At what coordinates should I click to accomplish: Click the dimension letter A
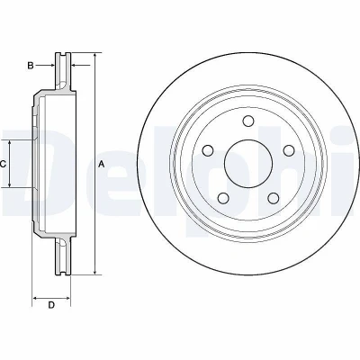click(102, 164)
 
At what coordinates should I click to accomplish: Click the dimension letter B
click(31, 66)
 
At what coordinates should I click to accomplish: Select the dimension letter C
click(3, 164)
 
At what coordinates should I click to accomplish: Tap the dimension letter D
click(51, 305)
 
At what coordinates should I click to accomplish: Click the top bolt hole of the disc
click(248, 121)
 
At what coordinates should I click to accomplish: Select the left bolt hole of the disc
click(208, 150)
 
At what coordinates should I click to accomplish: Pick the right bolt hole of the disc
click(289, 150)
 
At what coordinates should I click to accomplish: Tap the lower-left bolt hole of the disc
click(223, 198)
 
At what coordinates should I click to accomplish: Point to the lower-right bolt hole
click(274, 198)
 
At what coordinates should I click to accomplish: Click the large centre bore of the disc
click(248, 164)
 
